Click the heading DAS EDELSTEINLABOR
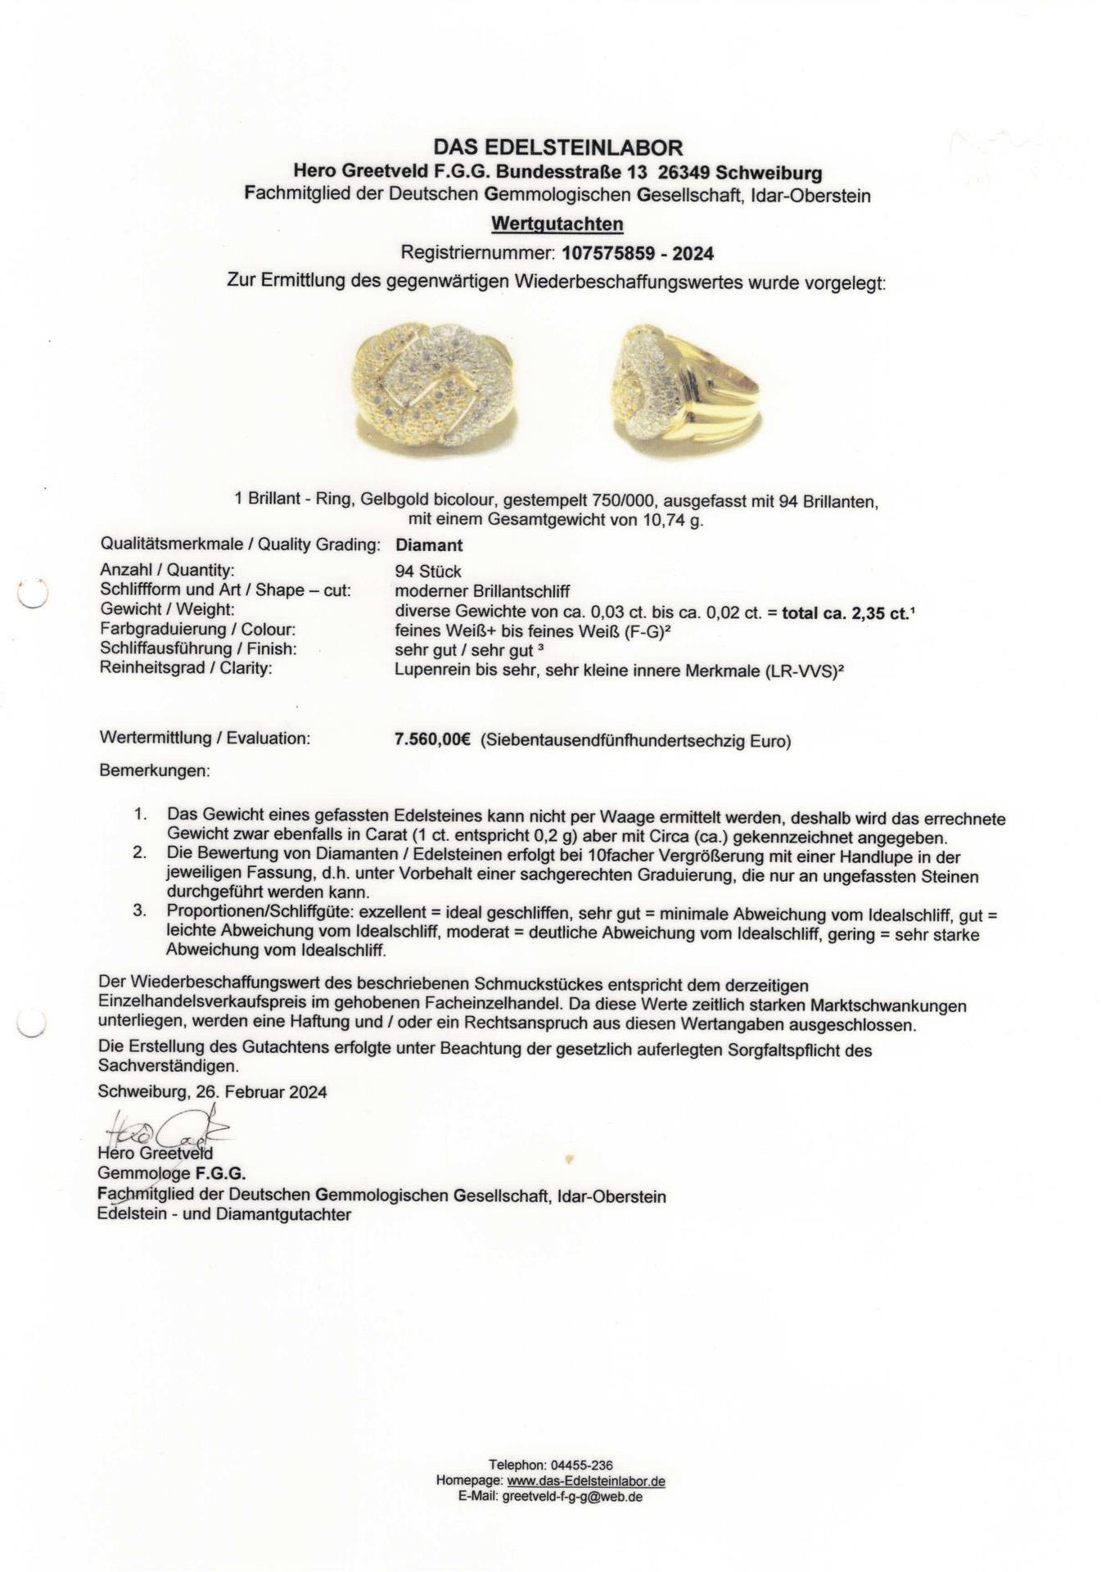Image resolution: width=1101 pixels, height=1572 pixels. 557,147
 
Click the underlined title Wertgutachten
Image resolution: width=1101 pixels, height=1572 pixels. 557,224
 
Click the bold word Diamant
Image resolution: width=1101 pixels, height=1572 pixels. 428,545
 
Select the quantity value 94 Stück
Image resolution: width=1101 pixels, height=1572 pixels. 427,571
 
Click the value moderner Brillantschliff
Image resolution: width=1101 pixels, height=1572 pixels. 482,591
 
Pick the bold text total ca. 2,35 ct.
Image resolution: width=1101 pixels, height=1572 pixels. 846,612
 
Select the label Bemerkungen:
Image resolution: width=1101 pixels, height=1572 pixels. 154,771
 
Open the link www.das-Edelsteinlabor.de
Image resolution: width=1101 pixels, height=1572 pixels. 585,1481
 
